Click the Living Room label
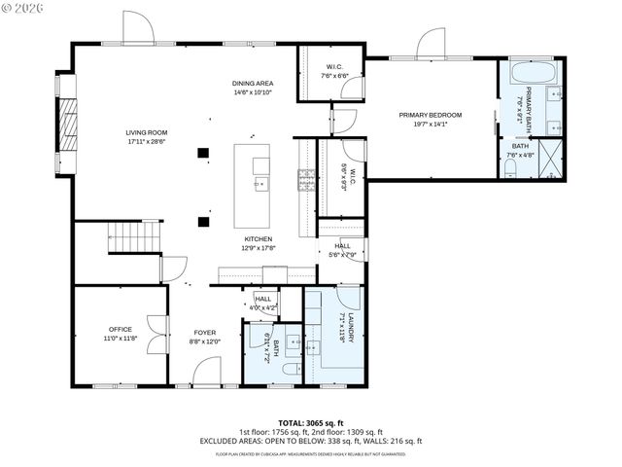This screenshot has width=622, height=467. pos(148,137)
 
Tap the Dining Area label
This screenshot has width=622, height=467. pos(251,88)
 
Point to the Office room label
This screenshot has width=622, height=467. pos(121,334)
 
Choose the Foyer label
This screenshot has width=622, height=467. pos(204,337)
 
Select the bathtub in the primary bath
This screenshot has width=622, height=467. pos(533,74)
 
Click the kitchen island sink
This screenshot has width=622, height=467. pos(259,182)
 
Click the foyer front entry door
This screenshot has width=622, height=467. pos(207,372)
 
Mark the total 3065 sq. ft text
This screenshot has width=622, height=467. pos(310,422)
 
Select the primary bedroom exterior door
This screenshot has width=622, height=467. pos(432,44)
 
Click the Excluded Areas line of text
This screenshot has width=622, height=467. pos(310,441)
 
